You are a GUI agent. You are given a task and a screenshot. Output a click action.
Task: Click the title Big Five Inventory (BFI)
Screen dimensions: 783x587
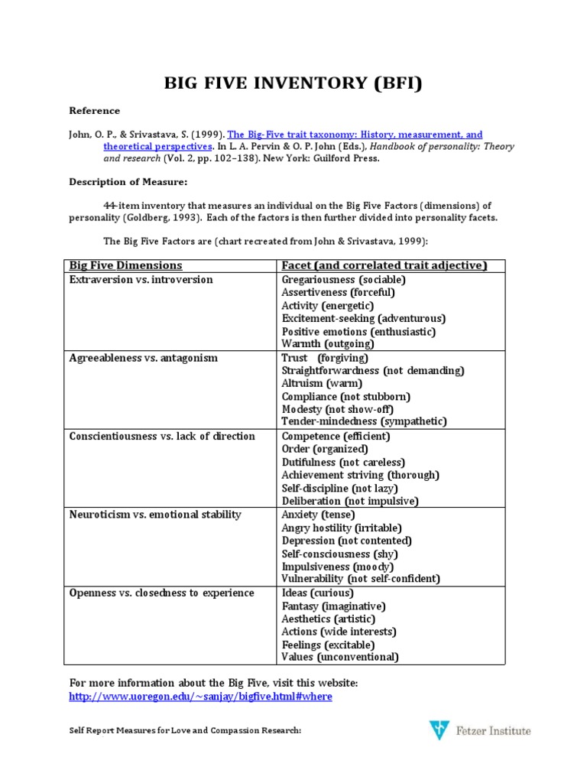coord(293,83)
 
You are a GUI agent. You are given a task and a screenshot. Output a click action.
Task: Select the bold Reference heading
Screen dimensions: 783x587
coord(94,111)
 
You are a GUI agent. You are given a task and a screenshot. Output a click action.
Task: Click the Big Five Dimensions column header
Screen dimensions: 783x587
coord(126,265)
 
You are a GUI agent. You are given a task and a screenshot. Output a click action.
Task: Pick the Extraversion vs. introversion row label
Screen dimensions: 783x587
coord(141,280)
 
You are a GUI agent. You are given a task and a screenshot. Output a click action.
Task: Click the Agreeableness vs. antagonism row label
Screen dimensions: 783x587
coord(144,358)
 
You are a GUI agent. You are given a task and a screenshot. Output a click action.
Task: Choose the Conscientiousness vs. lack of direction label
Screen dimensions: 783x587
coord(162,436)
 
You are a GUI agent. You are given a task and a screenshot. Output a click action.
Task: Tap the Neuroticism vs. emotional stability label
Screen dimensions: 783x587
coord(155,515)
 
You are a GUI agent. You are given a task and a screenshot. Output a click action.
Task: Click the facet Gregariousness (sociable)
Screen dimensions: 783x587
coord(343,280)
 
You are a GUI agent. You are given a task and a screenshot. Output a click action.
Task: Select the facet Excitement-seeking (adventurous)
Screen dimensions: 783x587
coord(363,318)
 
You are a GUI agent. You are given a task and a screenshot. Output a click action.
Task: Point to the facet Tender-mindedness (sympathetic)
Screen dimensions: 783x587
coord(364,421)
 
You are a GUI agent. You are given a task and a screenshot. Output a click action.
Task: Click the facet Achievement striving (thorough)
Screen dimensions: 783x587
coord(360,475)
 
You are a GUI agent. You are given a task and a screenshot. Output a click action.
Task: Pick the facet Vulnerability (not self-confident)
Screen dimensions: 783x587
coord(361,579)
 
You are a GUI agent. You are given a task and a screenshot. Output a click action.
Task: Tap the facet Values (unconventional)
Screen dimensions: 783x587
coord(340,657)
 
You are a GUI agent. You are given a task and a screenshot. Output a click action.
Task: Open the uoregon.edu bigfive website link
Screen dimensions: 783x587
coord(200,697)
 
